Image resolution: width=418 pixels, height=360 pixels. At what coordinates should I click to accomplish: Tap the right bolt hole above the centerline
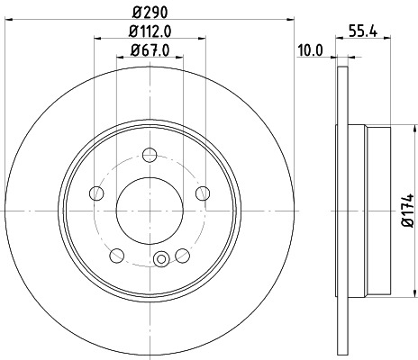(x=202, y=192)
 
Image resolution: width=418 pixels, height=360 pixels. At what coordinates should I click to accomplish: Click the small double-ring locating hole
(x=162, y=261)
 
